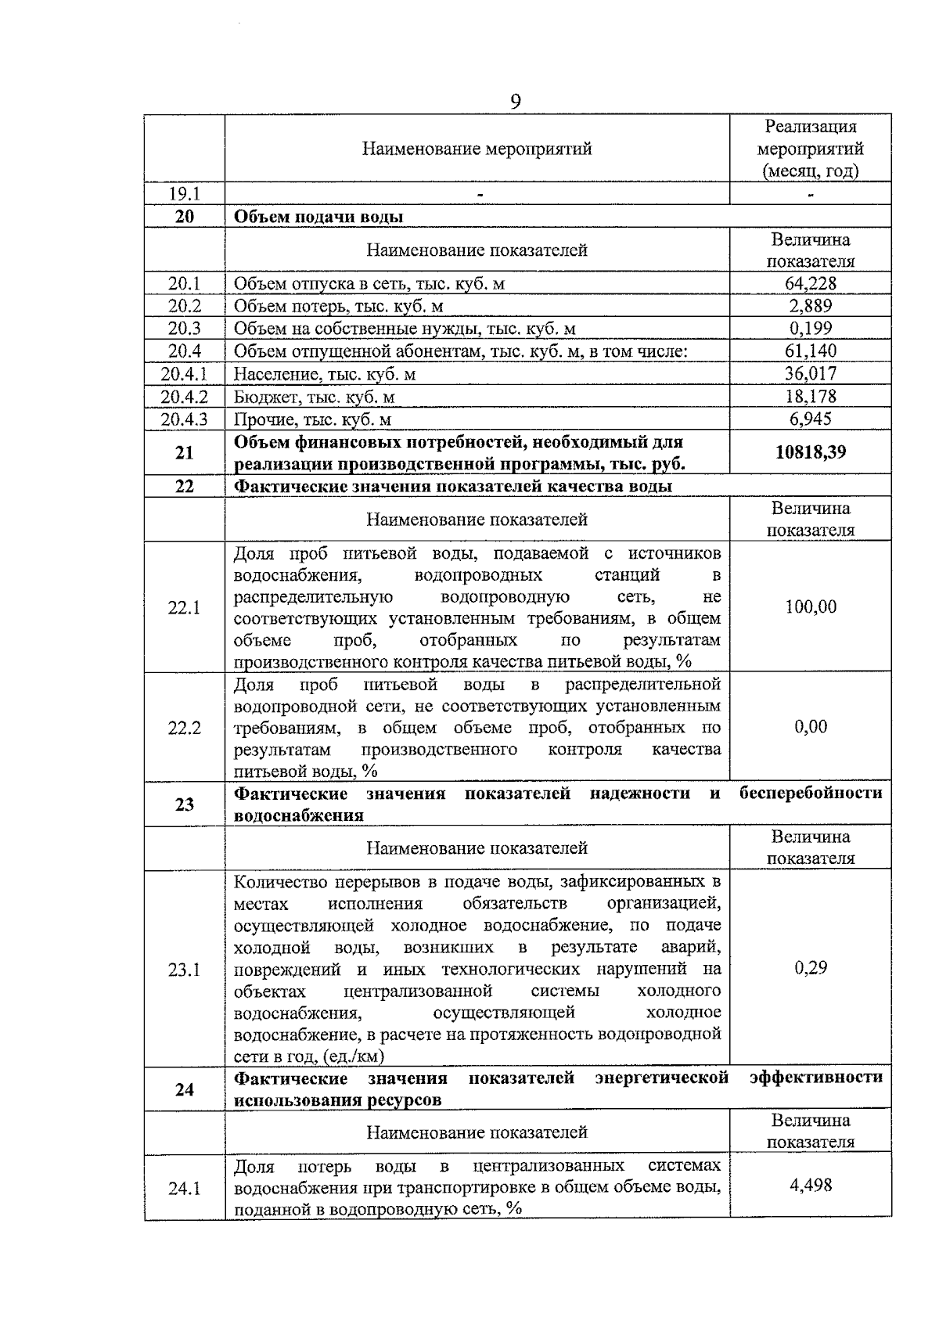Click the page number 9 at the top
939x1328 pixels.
pos(516,102)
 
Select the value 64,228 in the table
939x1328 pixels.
pos(811,283)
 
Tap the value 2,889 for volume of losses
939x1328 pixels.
pos(811,306)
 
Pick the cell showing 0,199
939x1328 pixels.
pos(811,329)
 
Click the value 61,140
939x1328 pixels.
pos(811,351)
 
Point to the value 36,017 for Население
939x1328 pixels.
pos(811,373)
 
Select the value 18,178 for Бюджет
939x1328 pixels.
pos(811,396)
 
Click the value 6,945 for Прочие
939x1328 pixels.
pos(811,419)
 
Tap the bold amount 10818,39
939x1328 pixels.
pos(811,452)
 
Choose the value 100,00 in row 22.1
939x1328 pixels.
pos(811,606)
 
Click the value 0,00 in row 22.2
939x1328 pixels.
pos(811,726)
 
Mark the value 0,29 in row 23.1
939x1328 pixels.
pos(811,968)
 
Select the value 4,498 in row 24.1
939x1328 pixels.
pos(811,1185)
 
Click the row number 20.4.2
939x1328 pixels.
pos(185,397)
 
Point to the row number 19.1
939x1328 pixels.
pos(185,193)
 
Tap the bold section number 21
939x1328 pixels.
pos(185,452)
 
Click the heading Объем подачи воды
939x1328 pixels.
pos(318,217)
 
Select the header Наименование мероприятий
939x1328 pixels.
pos(477,149)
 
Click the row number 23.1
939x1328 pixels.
pos(185,970)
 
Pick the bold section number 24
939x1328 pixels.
pos(185,1089)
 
